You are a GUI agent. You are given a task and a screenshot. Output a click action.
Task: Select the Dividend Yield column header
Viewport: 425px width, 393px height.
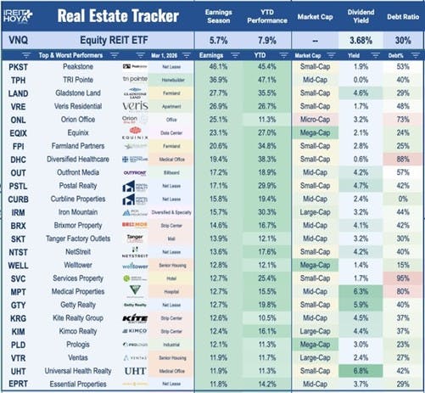pos(360,17)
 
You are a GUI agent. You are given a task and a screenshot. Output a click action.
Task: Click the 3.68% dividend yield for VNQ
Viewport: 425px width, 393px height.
pos(360,42)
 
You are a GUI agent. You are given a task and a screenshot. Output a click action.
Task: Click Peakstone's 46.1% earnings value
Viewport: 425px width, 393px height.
pos(219,65)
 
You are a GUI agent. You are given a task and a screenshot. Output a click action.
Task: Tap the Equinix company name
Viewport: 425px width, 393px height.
pos(56,132)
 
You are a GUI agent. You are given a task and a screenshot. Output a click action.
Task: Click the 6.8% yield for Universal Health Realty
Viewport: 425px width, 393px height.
pos(360,371)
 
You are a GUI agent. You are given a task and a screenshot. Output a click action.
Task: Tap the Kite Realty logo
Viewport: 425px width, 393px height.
pos(135,317)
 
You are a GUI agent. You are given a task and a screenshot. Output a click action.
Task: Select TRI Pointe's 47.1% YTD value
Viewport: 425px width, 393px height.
pos(266,79)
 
